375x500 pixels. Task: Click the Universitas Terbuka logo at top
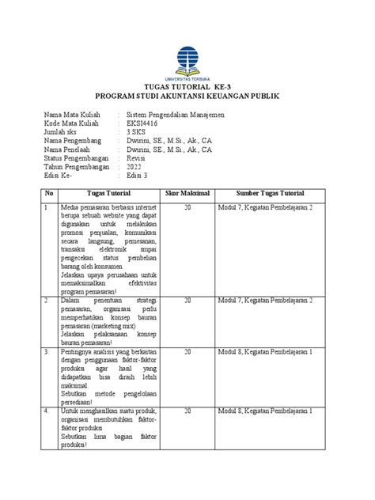(x=187, y=64)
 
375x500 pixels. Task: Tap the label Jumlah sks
(x=64, y=136)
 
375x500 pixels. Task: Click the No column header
(x=49, y=193)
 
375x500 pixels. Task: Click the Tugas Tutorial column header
(x=109, y=193)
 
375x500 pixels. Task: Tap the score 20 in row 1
(x=187, y=207)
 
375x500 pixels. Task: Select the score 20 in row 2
(x=187, y=301)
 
